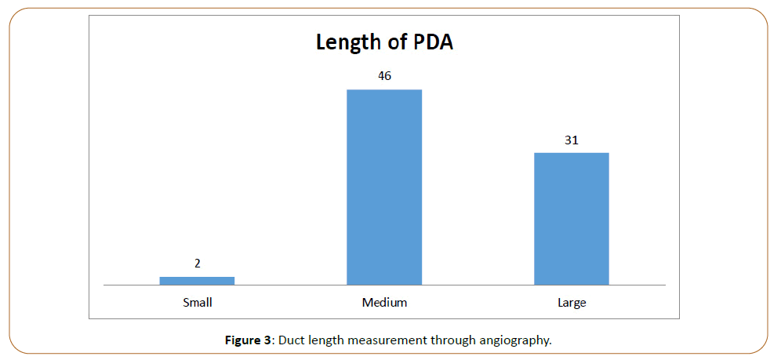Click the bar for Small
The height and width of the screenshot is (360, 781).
[x=197, y=280]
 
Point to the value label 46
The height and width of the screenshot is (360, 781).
[x=384, y=76]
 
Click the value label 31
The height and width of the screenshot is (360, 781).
[x=572, y=140]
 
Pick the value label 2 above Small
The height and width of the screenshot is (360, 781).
[x=198, y=264]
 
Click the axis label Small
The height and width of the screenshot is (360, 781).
[x=198, y=301]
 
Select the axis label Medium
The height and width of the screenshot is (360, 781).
[x=384, y=302]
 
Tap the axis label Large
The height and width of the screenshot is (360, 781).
[x=572, y=302]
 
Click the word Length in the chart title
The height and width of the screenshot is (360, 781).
[x=348, y=42]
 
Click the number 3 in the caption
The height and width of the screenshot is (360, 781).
[x=267, y=340]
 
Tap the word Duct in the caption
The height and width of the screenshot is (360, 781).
[x=290, y=340]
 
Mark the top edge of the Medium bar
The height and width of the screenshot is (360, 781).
[x=384, y=90]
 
